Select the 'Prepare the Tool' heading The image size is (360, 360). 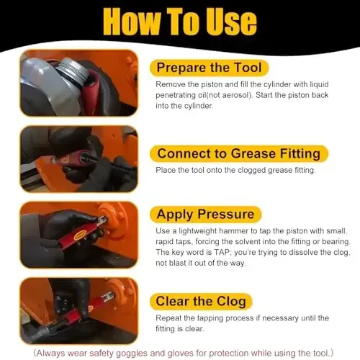click(210, 68)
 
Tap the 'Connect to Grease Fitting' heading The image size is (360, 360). click(238, 153)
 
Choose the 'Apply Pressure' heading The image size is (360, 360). click(205, 215)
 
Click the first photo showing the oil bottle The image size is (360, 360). click(78, 83)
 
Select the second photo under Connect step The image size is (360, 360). click(78, 159)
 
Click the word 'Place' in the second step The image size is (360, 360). click(168, 170)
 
